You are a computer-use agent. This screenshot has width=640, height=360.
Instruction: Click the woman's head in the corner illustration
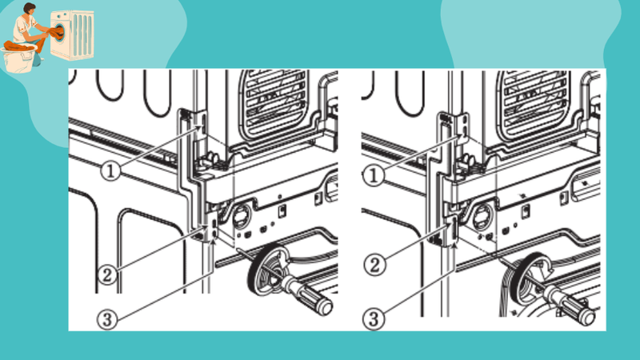[x=30, y=11]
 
